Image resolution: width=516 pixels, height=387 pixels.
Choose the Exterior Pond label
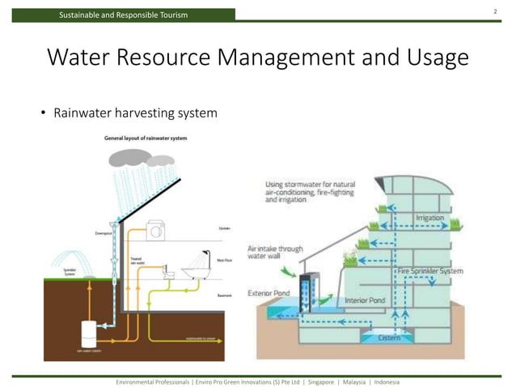273,292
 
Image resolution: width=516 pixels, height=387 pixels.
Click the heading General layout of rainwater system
145,138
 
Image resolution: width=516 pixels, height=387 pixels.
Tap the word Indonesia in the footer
392,381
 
